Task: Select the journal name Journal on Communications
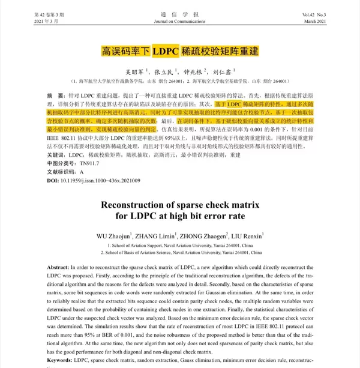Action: (179, 22)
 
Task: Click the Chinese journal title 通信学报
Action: (179, 14)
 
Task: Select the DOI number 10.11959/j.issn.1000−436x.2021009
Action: (101, 180)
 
